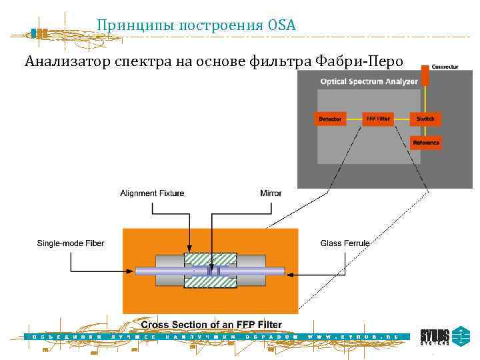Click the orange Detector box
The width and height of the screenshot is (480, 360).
pos(330,119)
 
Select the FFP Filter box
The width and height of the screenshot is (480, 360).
pos(378,119)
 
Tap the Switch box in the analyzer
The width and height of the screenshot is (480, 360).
pos(425,119)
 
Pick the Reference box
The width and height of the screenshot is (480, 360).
pos(425,142)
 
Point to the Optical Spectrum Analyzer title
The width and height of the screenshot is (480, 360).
pos(369,82)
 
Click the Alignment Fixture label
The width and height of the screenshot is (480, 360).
pos(152,193)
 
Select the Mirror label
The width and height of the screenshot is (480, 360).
pos(271,193)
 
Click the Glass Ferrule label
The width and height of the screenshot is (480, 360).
pos(345,243)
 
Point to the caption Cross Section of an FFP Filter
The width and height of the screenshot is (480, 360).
pos(211,325)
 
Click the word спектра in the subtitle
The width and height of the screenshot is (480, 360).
pos(147,62)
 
